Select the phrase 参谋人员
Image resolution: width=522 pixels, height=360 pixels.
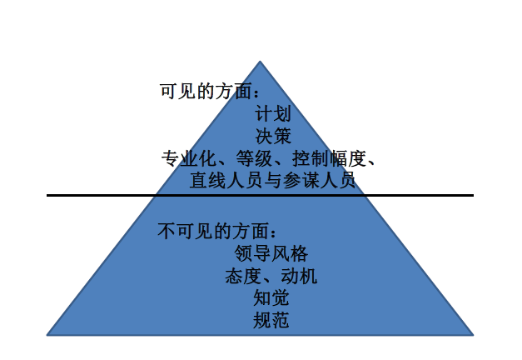(x=321, y=179)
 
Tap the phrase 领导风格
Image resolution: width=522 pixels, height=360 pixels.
(x=272, y=253)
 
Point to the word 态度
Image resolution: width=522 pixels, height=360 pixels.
(x=241, y=275)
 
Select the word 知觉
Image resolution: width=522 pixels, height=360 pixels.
(x=271, y=297)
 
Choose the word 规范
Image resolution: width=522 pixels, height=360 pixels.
(x=271, y=318)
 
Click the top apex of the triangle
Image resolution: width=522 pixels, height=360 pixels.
(x=260, y=62)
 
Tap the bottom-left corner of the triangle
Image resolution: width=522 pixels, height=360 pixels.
(x=47, y=334)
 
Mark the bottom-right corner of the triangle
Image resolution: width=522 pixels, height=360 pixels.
(x=473, y=334)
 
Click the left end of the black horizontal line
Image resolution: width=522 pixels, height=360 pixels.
(x=48, y=195)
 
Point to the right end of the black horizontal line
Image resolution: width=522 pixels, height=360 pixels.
(x=472, y=195)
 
